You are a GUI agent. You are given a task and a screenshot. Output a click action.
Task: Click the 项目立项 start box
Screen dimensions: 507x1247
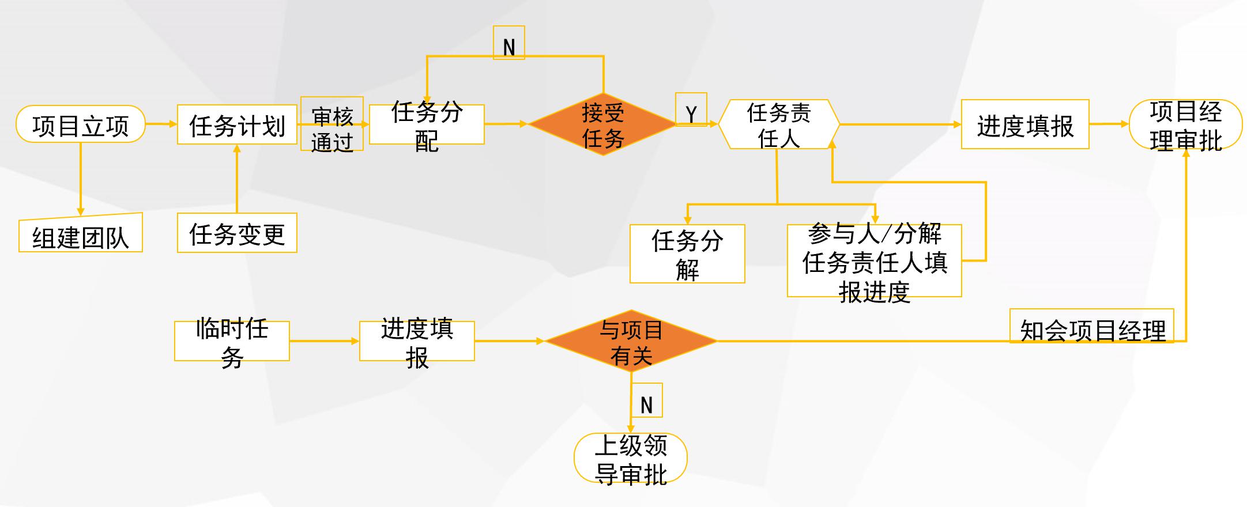coord(80,124)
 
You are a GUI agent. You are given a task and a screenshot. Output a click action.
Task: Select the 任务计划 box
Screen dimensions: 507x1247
coord(237,124)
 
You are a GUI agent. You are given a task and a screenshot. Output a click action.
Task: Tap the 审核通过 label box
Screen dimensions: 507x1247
coord(332,124)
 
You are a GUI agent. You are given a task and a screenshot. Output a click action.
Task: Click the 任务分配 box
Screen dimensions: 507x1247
coord(427,124)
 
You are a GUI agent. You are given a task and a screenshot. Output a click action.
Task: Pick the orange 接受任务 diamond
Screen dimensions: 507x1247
coord(602,124)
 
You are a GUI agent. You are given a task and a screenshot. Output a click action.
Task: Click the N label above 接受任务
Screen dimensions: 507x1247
coord(508,43)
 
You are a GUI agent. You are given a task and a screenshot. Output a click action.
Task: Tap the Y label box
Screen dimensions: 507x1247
coord(691,110)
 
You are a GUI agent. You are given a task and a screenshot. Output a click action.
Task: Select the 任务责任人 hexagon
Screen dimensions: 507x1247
coord(778,124)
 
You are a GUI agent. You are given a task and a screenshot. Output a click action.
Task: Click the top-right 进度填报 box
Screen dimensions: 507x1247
coord(1025,124)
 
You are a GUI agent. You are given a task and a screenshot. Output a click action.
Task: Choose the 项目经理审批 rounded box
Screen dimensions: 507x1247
coord(1185,124)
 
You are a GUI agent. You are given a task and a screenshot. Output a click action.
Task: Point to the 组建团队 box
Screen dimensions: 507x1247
coord(81,234)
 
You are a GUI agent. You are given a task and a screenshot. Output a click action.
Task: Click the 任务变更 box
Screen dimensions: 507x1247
coord(237,233)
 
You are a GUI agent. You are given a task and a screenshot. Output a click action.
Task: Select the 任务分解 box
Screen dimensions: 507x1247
coord(687,254)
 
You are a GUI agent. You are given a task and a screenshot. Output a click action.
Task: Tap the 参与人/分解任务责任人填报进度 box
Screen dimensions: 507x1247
coord(874,261)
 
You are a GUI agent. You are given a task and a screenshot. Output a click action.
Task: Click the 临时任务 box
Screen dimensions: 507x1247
coord(232,341)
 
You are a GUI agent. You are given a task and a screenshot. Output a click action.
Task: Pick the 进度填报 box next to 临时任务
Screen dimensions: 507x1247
coord(417,341)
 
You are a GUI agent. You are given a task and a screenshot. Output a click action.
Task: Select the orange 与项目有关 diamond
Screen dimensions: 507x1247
coord(631,341)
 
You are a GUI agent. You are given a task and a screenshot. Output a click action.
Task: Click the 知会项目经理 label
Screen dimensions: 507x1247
coord(1092,327)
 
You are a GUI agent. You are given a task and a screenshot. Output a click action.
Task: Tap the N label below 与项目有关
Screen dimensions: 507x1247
coord(646,400)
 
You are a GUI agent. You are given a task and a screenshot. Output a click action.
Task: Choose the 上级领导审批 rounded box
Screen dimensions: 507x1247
coord(631,458)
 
